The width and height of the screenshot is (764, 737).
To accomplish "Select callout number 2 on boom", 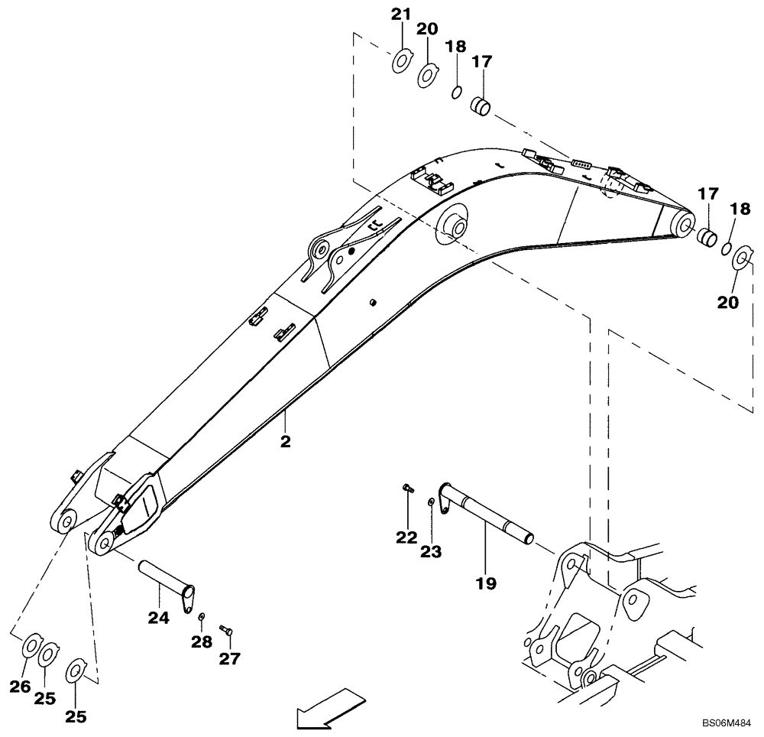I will point(285,443).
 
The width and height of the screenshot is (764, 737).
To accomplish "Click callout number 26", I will point(21,687).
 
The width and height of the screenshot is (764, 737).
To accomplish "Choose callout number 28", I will point(201,643).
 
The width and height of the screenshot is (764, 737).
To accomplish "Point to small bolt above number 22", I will point(406,487).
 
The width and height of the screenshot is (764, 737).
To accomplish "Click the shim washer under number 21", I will point(402,60).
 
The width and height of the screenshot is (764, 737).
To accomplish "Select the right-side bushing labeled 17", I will point(707,235).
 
